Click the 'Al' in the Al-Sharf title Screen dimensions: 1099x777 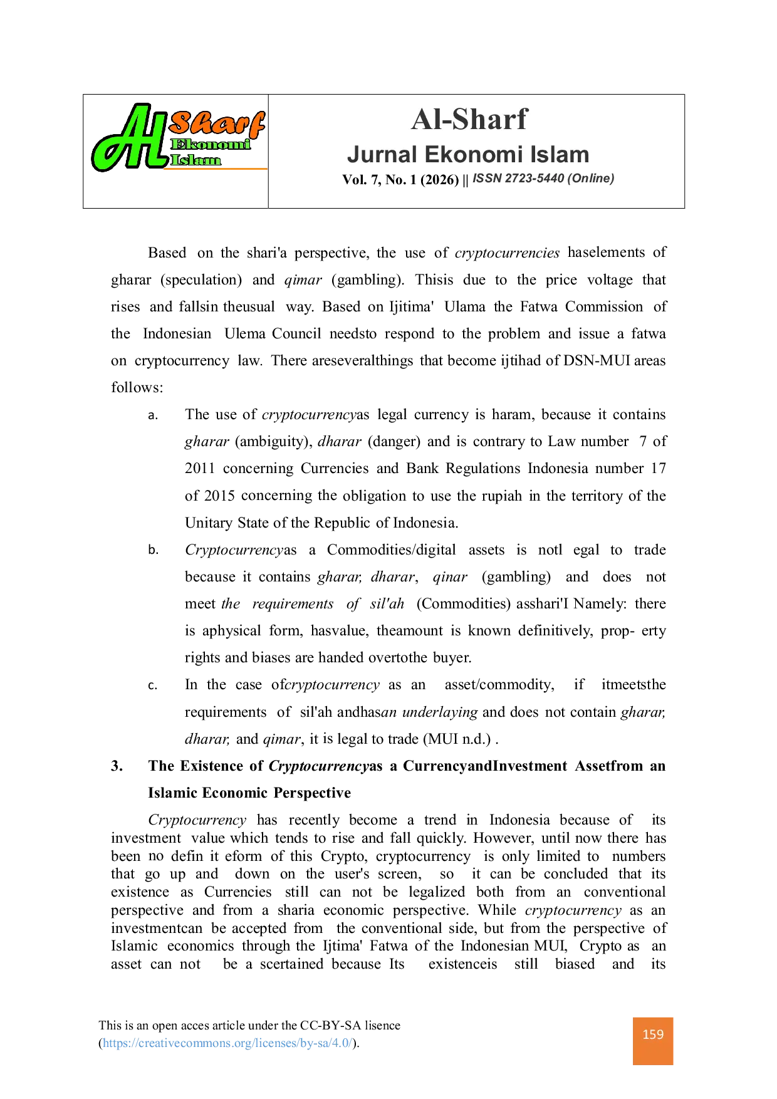[425, 120]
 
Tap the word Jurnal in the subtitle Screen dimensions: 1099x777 [382, 155]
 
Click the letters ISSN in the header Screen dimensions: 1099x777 [487, 179]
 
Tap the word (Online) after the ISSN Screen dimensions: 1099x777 [591, 179]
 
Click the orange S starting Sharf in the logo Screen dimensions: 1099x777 [182, 123]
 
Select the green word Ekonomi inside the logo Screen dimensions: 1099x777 [211, 145]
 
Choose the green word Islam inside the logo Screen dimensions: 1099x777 [196, 160]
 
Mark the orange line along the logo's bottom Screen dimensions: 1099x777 [216, 168]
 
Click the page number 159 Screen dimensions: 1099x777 [653, 1034]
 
